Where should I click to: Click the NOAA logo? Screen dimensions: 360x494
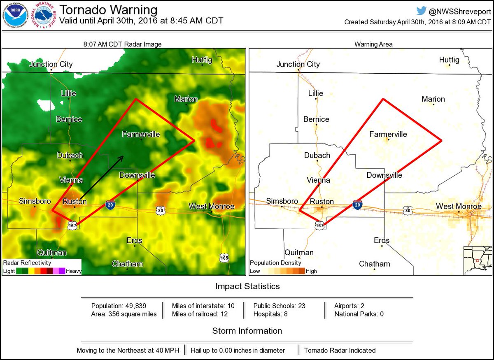click(x=16, y=16)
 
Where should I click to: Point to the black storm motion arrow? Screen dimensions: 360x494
click(x=101, y=177)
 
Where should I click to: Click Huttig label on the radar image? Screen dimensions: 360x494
click(x=202, y=60)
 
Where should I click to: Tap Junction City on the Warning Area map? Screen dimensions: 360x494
click(x=298, y=64)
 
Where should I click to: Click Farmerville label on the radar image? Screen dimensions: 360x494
click(x=141, y=134)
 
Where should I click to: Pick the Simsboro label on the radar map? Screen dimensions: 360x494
click(x=35, y=201)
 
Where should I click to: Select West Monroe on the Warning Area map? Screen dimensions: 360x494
click(x=459, y=206)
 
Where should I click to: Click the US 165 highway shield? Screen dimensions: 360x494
click(x=224, y=258)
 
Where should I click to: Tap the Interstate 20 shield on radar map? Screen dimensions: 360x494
click(x=110, y=205)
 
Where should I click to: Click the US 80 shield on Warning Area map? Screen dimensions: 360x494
click(x=408, y=210)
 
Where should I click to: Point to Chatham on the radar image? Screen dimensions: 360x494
click(x=127, y=264)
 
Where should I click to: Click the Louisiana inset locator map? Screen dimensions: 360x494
click(x=478, y=260)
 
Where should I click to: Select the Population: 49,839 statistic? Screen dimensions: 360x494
click(x=119, y=306)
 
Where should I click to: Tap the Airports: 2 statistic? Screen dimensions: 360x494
click(x=349, y=306)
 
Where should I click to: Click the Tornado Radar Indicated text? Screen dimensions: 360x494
click(x=340, y=351)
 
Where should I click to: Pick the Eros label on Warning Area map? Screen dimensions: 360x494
click(x=382, y=240)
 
